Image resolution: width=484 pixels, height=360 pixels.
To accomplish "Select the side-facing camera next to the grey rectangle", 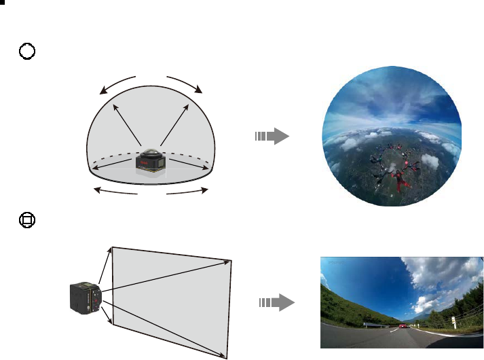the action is tap(86, 298).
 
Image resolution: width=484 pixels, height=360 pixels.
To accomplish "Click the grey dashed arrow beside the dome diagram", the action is tap(272, 137).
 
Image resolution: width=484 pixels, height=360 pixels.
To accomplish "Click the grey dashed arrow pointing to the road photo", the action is tap(278, 302).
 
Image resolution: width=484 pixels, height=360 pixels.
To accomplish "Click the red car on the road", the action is tap(403, 327).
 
